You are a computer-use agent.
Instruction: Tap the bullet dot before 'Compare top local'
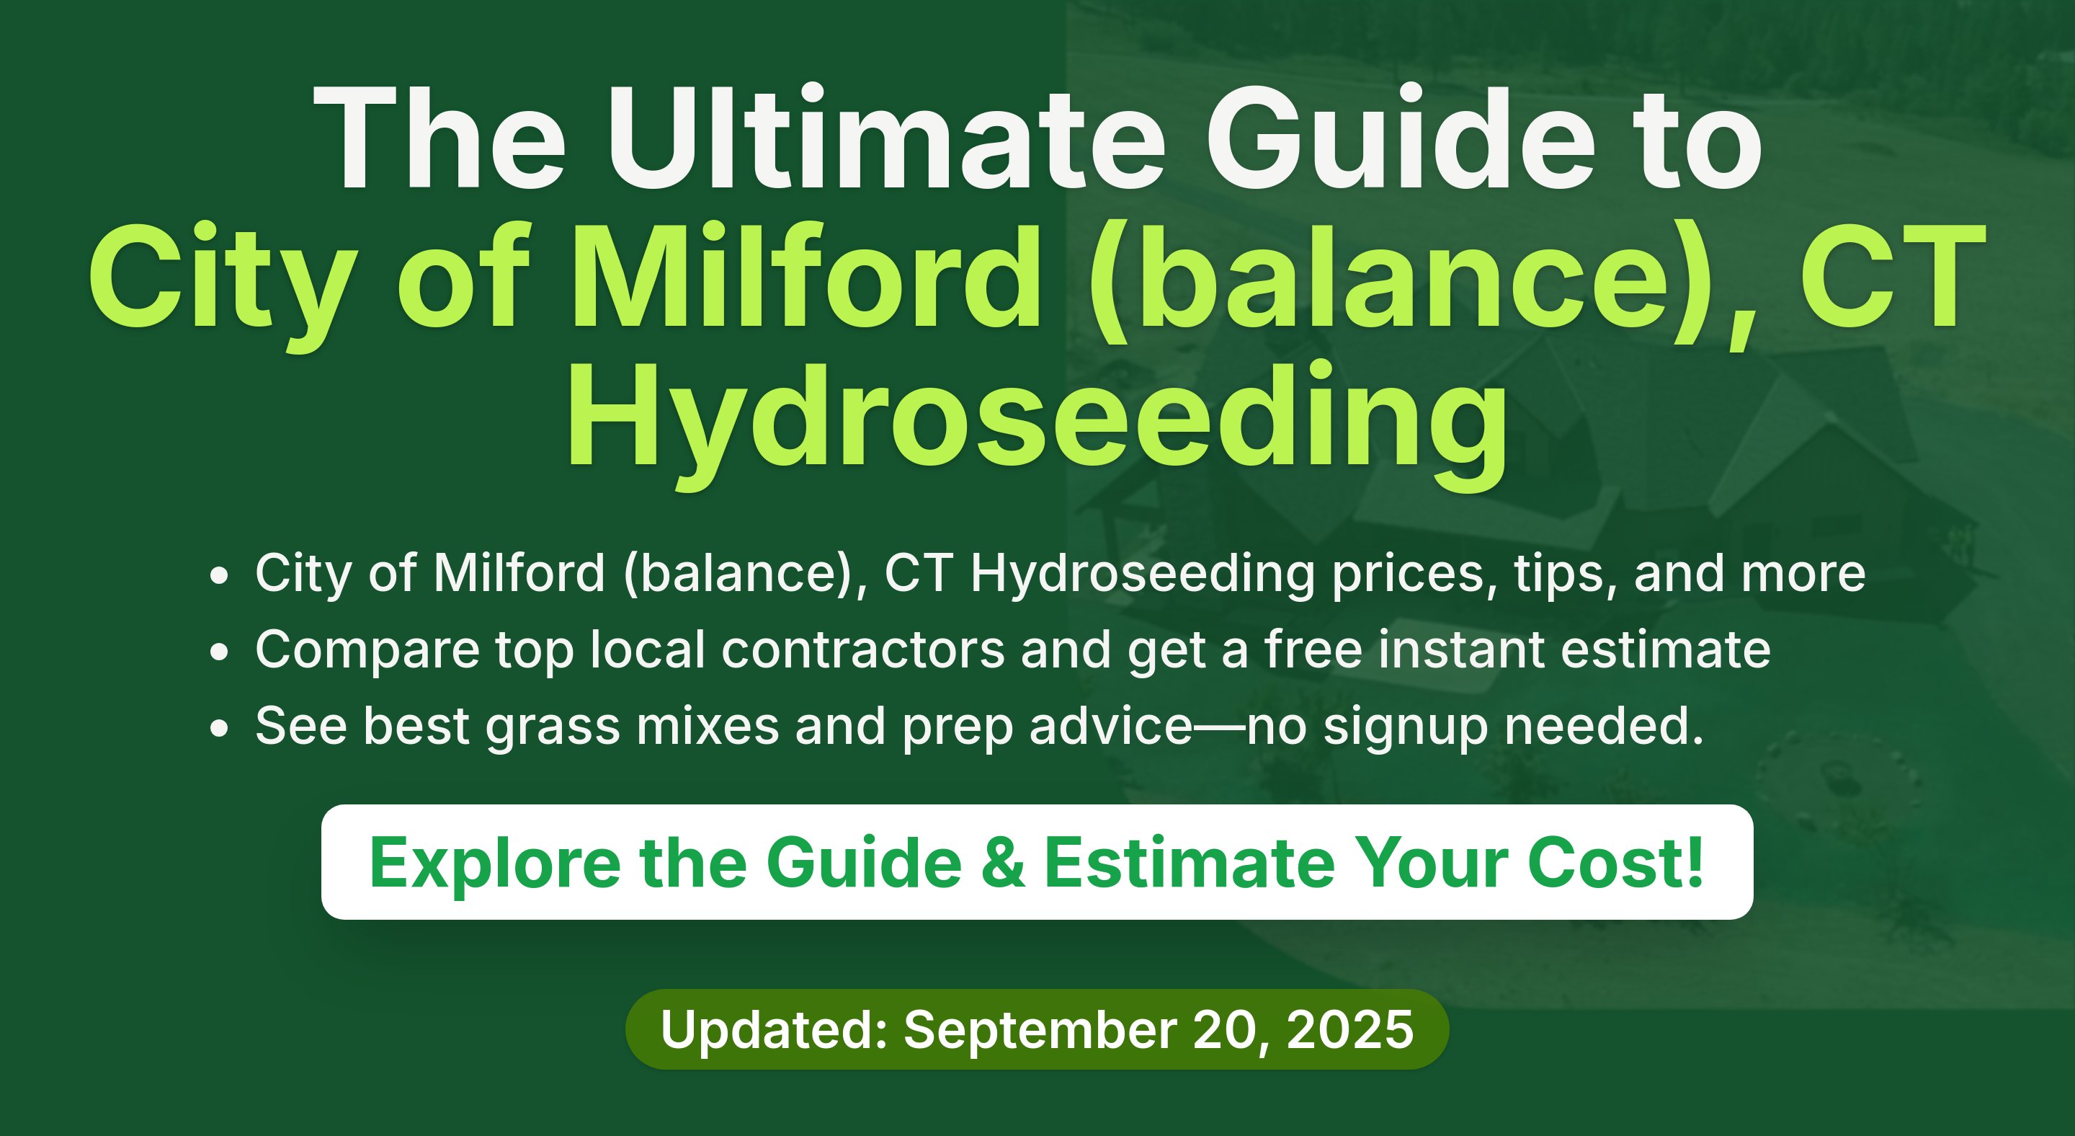pos(218,652)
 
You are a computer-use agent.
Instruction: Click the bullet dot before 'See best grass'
pos(218,728)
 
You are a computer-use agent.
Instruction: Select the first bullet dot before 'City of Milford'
pos(218,576)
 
